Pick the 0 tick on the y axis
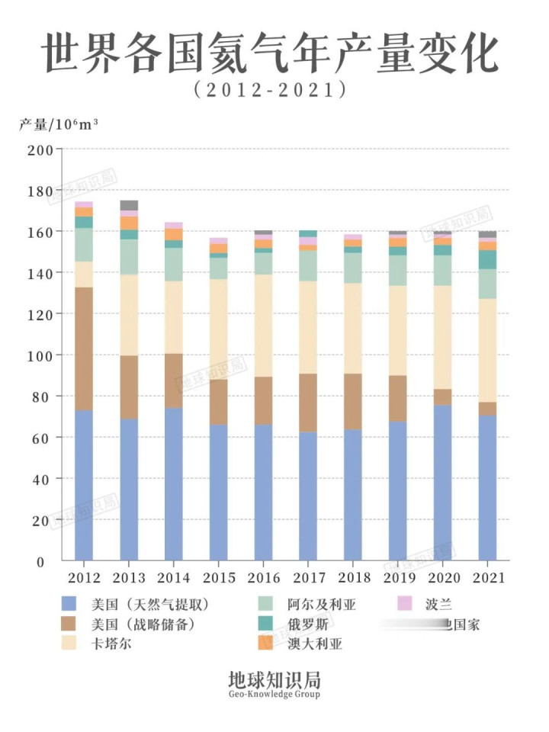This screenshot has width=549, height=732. [47, 561]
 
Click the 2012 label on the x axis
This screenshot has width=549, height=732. [84, 577]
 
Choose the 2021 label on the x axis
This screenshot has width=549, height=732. [488, 577]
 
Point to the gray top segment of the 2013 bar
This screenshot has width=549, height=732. [129, 205]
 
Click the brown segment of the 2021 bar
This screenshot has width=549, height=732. [488, 409]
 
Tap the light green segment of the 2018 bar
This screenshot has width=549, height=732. [353, 268]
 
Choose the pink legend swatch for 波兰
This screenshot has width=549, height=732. [406, 605]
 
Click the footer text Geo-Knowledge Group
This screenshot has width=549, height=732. [274, 695]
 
